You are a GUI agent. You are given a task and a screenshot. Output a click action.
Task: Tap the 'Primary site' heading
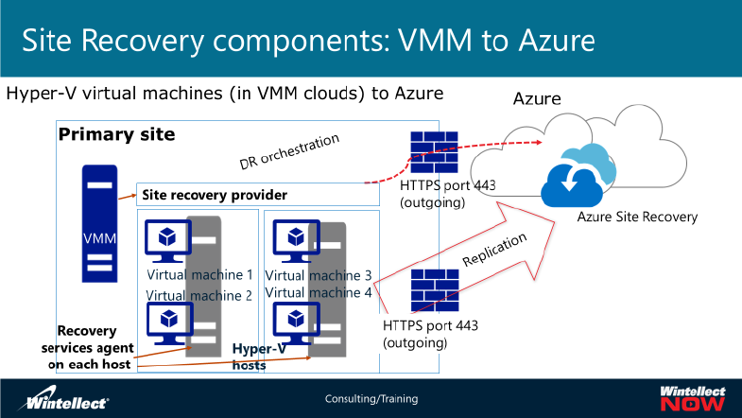coord(116,134)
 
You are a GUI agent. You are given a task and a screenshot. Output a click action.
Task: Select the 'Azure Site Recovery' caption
coord(637,217)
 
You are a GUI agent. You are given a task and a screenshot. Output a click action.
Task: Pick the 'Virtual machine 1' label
coord(199,275)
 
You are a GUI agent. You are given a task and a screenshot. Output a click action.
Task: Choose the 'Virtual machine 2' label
coord(198,295)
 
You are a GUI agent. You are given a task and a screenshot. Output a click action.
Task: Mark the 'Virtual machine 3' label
coord(318,275)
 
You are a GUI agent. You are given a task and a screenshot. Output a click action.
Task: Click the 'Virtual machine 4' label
coord(318,292)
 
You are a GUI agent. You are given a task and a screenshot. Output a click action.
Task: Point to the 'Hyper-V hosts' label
coord(261,356)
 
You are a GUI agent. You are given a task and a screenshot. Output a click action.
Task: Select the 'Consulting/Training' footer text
coord(371,399)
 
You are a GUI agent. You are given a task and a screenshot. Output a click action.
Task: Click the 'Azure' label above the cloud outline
coord(537,98)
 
